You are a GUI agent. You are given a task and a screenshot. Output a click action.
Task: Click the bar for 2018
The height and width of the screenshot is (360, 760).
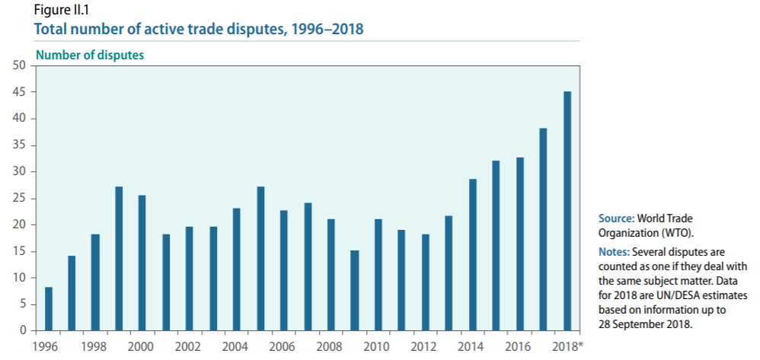pos(567,211)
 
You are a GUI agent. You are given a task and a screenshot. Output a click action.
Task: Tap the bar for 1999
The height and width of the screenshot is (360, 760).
pos(119,259)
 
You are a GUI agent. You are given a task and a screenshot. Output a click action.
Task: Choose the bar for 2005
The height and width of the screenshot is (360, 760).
pos(260,259)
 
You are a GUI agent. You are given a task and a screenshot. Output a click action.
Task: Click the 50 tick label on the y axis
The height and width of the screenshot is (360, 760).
pos(21,66)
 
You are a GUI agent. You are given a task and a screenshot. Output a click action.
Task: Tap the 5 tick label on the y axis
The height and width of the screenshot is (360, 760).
pos(24,304)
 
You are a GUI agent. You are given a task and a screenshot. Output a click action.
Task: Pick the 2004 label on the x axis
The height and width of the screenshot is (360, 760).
pos(236,346)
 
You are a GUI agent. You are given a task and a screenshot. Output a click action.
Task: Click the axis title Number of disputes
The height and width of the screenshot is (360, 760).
pos(90,55)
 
